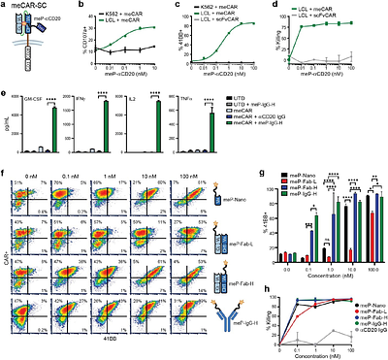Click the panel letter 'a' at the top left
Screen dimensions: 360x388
[5, 6]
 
